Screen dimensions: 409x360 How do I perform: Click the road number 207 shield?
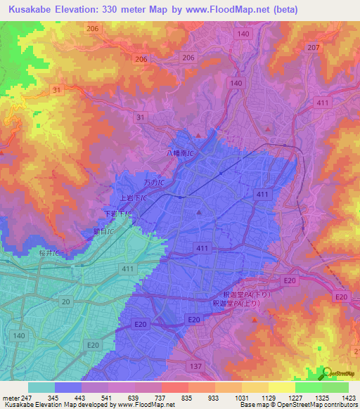click(313, 47)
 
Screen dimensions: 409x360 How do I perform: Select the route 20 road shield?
click(66, 301)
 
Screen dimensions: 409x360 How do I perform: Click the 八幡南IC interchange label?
click(180, 152)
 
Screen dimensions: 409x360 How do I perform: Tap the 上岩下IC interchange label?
click(134, 198)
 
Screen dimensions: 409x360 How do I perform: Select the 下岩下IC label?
click(117, 213)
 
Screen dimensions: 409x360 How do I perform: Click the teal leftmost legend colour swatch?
click(41, 387)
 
